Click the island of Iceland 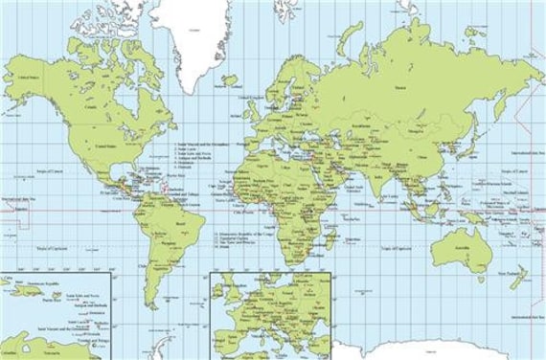pyautogui.click(x=229, y=80)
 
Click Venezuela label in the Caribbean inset pyautogui.click(x=48, y=351)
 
